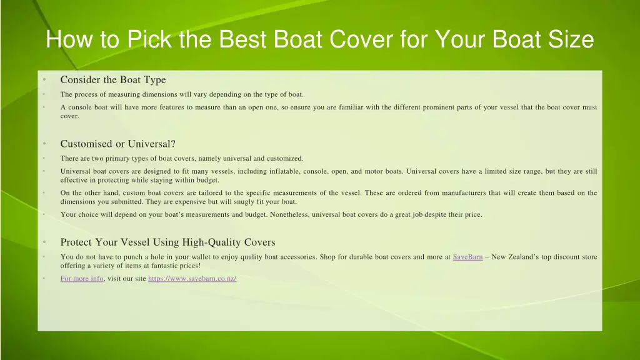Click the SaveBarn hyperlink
[x=467, y=257]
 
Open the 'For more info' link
[x=82, y=279]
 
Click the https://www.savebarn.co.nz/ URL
[x=192, y=279]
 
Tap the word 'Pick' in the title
[x=149, y=40]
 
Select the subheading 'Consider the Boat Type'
[x=113, y=80]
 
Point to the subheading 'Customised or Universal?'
[x=117, y=144]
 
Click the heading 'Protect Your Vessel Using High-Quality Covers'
[x=167, y=242]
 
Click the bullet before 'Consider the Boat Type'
[x=44, y=80]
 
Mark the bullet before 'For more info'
[x=44, y=279]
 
